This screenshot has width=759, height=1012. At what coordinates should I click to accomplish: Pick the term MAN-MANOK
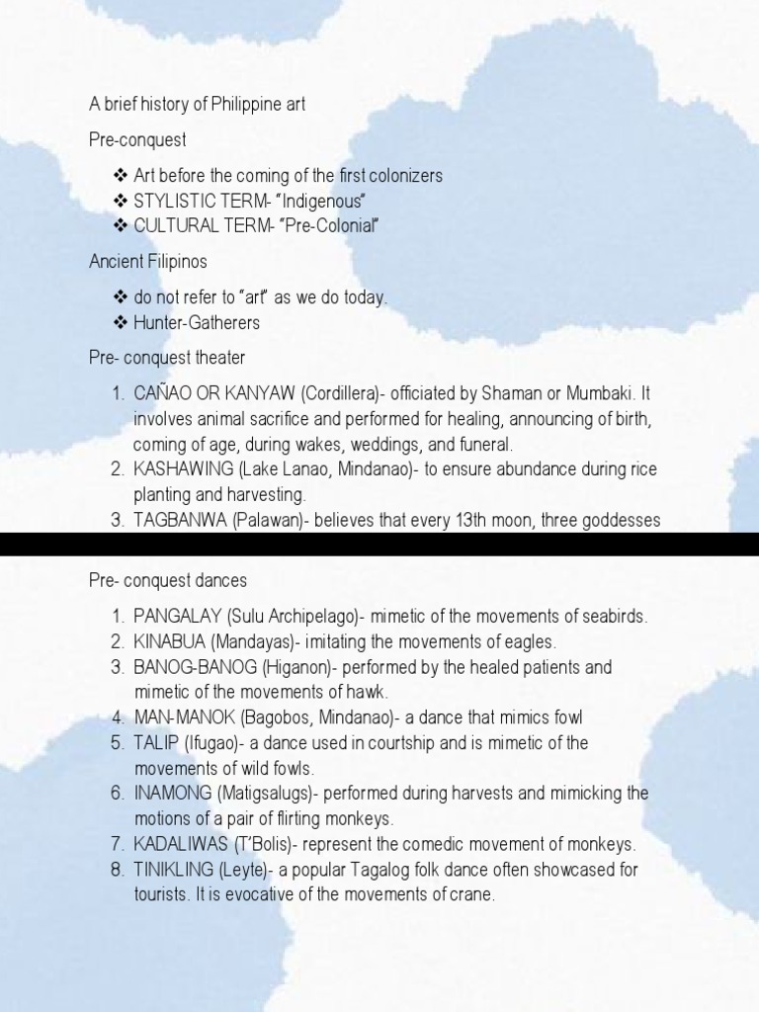point(180,717)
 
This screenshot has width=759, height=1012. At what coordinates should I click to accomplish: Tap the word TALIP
point(155,743)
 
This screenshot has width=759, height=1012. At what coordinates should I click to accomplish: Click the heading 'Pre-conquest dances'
point(168,580)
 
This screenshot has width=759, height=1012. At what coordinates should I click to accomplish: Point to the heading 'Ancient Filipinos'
point(148,261)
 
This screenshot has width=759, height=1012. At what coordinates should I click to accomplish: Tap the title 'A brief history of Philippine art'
point(197,105)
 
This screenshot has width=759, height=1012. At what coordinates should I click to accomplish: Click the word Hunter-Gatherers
point(197,323)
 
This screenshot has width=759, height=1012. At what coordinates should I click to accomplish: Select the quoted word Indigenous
point(318,202)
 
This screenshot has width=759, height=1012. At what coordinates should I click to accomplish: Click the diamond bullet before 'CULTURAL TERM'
point(122,226)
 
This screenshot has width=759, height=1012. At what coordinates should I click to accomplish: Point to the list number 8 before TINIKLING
point(117,870)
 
